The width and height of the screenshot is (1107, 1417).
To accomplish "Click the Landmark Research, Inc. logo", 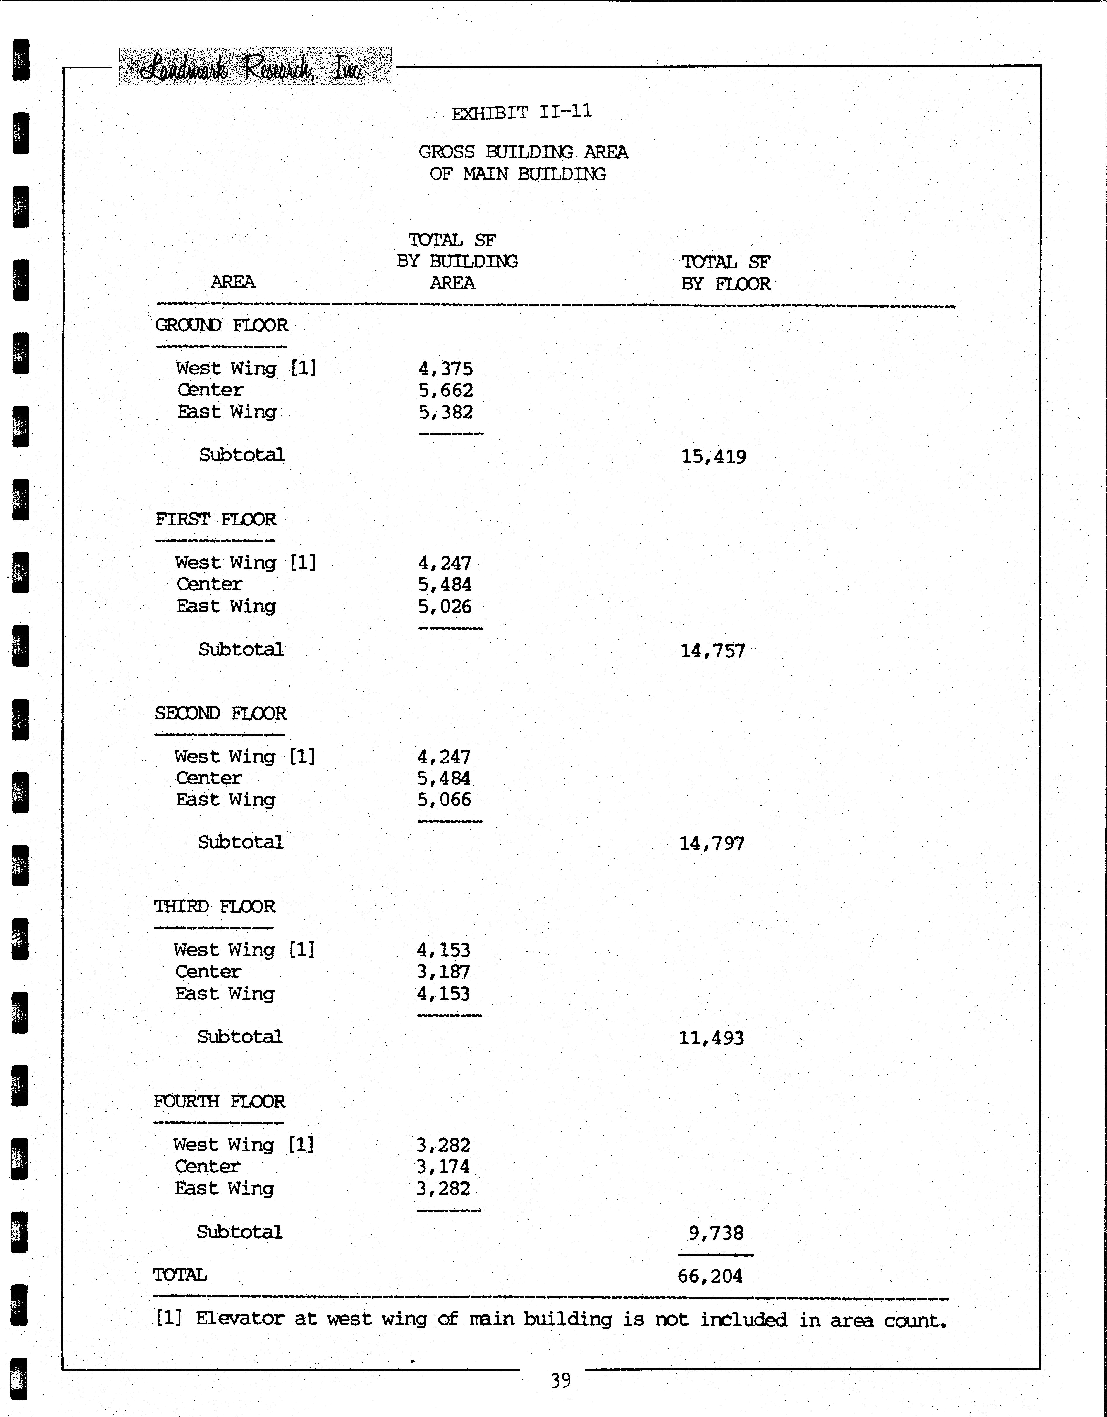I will click(254, 67).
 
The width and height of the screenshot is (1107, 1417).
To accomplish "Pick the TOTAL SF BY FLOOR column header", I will click(725, 272).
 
